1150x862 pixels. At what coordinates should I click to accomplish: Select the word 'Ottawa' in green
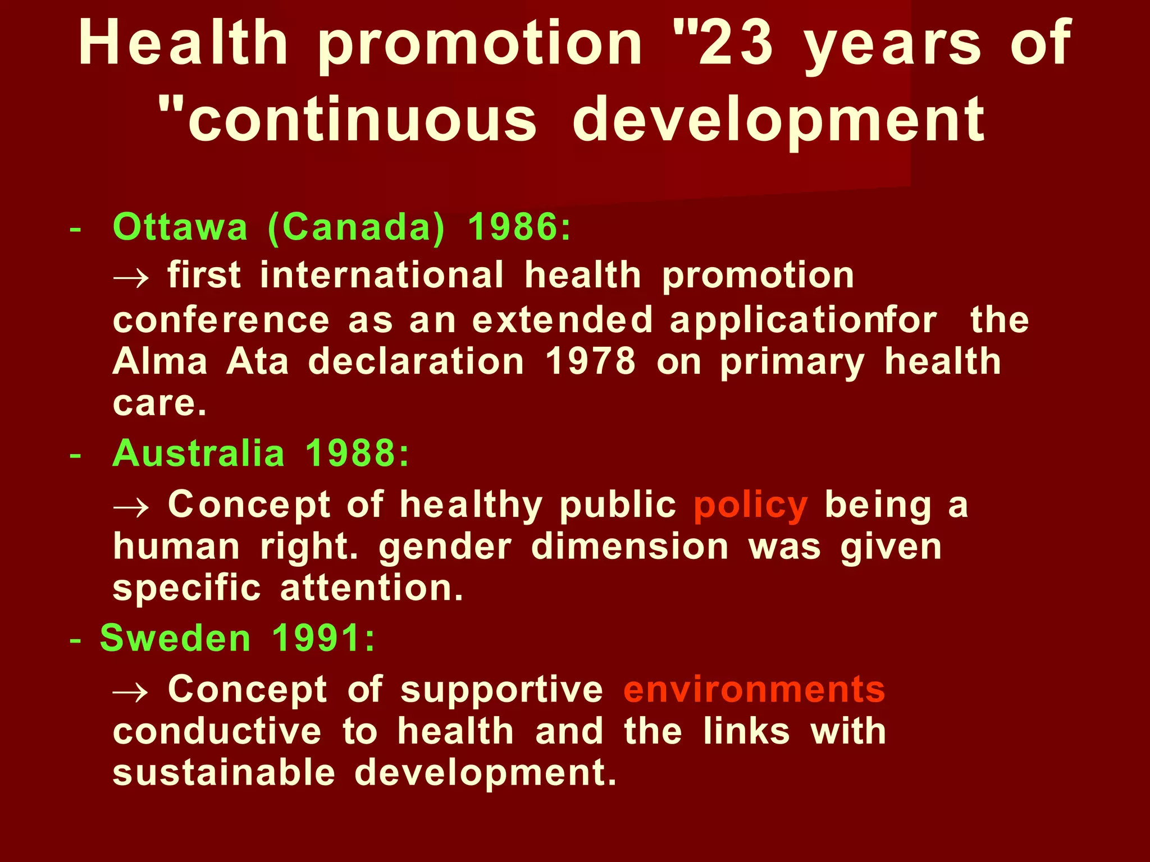(x=180, y=227)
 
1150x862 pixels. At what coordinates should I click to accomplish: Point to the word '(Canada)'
(x=356, y=227)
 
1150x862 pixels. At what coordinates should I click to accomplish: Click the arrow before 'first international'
(x=131, y=277)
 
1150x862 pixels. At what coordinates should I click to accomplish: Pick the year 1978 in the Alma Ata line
(x=591, y=361)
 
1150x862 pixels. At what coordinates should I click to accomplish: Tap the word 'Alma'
(x=161, y=361)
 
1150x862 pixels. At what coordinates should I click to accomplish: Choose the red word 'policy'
(x=751, y=506)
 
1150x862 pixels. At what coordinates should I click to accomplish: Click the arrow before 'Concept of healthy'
(x=131, y=507)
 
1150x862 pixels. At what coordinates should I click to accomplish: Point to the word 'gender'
(x=445, y=547)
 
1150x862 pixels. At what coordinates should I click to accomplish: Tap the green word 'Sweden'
(x=175, y=639)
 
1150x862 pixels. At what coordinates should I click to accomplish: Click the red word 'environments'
(x=754, y=690)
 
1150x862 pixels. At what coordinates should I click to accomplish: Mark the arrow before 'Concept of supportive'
(x=131, y=692)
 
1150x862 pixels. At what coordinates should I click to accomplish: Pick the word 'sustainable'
(x=224, y=773)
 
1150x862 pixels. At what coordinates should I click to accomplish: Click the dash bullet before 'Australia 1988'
(x=75, y=456)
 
